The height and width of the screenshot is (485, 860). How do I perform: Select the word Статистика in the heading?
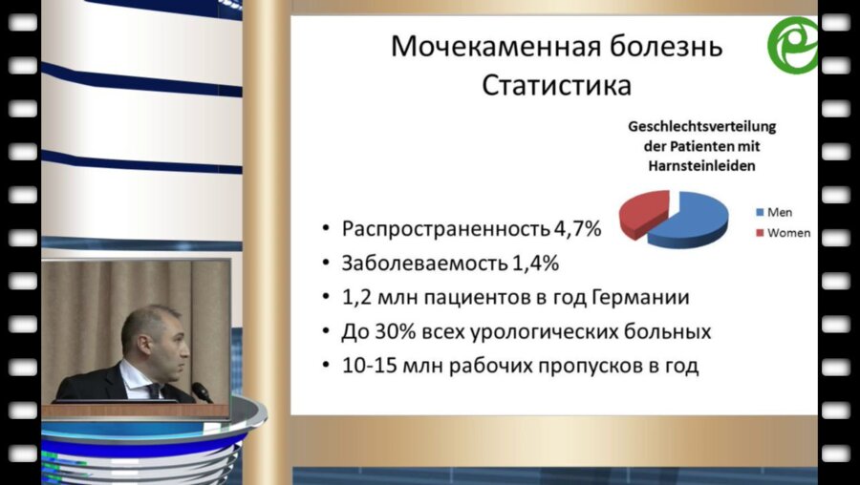coord(556,85)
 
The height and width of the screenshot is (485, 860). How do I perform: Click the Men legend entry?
coord(780,212)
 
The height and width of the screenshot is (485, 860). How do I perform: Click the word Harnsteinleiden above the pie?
coord(700,164)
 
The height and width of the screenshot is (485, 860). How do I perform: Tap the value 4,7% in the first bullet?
coord(578,230)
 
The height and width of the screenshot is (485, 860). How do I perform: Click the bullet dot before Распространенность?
coord(327,230)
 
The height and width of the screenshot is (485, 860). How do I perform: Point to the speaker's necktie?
coord(152,390)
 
